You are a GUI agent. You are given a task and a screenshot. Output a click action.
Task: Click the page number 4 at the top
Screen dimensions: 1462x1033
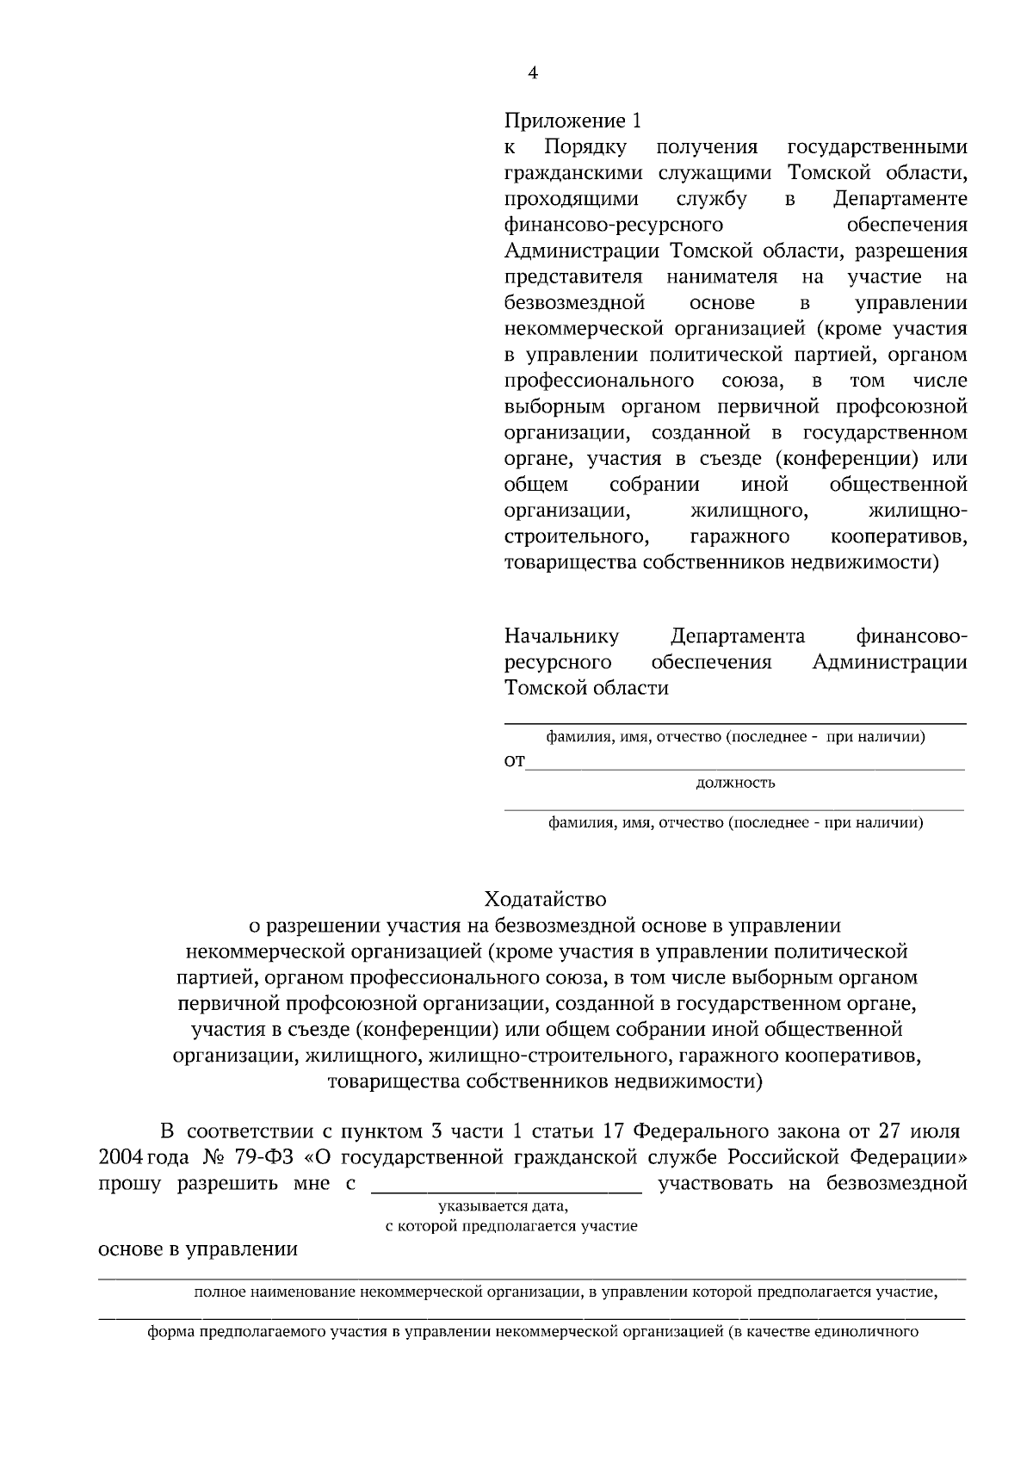tap(532, 74)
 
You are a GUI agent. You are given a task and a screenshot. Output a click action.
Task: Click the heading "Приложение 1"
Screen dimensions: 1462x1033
tap(572, 121)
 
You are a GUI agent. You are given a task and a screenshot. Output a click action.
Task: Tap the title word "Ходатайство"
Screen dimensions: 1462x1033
tap(545, 900)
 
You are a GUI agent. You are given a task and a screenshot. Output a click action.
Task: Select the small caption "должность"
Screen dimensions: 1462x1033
tap(735, 783)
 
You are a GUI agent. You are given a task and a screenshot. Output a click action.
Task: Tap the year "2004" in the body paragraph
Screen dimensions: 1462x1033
tap(121, 1156)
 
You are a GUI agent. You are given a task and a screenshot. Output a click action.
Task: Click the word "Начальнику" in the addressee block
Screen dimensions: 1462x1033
tap(561, 637)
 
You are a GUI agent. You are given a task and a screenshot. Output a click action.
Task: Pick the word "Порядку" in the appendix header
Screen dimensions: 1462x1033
tap(585, 147)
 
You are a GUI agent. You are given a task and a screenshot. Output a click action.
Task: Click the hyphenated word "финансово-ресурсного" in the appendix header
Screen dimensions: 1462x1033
tap(612, 226)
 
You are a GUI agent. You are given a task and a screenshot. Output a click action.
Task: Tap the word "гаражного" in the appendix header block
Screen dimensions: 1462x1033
tap(739, 537)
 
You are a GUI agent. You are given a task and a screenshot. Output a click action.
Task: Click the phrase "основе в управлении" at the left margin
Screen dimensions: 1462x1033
tap(198, 1250)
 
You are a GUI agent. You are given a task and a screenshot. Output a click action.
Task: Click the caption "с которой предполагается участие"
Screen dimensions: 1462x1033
tap(511, 1226)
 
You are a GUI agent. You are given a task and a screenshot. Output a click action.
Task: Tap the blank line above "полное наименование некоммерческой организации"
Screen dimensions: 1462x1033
tap(531, 1279)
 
